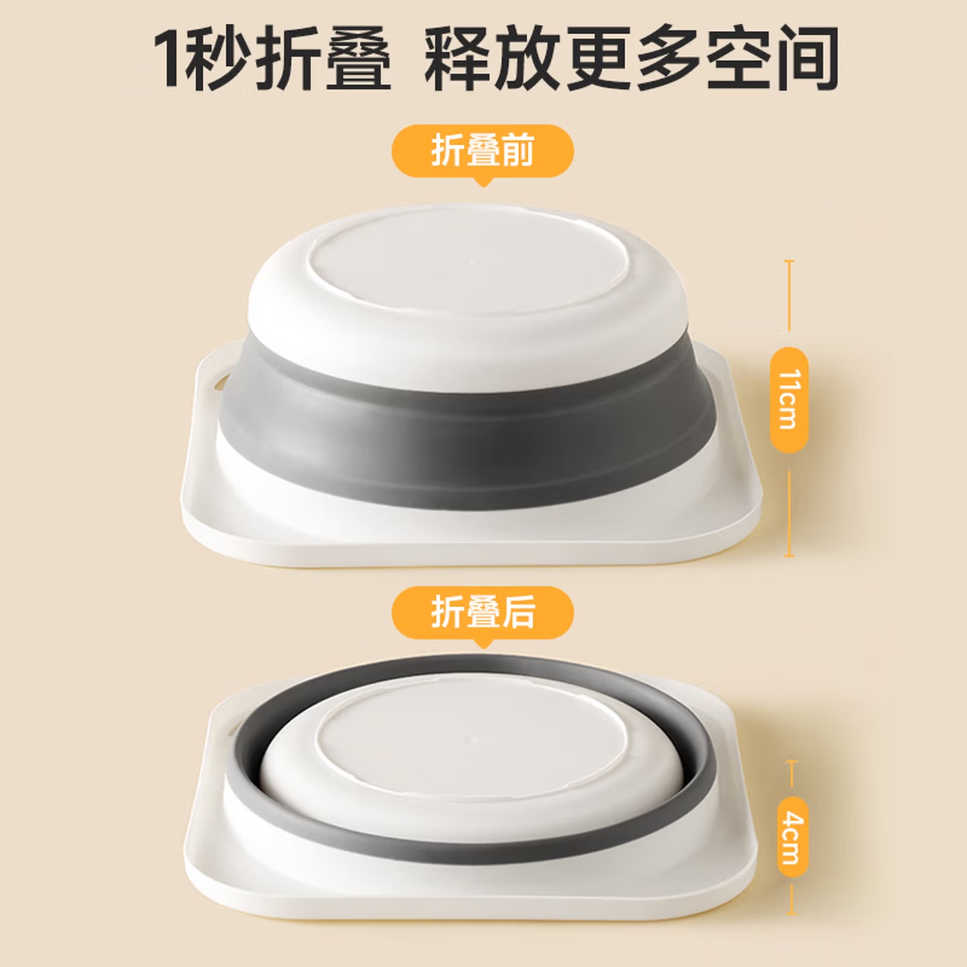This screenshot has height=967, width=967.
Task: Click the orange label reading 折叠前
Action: click(482, 151)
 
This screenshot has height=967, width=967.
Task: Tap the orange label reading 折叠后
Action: click(482, 612)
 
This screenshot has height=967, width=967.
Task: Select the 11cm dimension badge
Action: click(789, 400)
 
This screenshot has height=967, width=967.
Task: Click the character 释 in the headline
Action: click(459, 58)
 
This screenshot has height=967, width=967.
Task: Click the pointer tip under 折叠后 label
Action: click(483, 648)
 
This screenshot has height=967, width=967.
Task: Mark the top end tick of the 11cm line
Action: click(789, 261)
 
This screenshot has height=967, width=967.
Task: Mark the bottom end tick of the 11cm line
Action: click(789, 555)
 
